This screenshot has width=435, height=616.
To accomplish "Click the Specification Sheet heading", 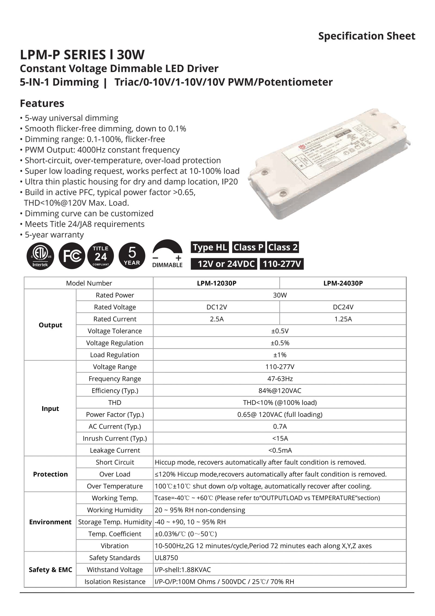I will [x=366, y=36].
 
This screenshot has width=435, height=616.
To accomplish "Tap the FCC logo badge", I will [x=72, y=256].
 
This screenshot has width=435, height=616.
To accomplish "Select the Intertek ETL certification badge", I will [x=40, y=256].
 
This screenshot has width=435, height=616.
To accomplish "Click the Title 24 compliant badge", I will [x=101, y=256].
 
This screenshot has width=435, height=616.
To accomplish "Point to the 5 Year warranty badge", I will [x=132, y=256].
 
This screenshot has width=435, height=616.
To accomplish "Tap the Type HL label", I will [x=210, y=247].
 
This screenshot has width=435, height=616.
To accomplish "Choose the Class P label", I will [x=248, y=247].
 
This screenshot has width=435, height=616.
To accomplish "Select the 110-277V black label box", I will [x=282, y=264].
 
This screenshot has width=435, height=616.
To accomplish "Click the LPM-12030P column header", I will [x=216, y=283].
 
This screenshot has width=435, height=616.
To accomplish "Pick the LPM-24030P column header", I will [x=343, y=283].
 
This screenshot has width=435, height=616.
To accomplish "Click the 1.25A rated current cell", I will [x=343, y=319].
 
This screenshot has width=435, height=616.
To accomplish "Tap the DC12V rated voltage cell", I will [x=216, y=307].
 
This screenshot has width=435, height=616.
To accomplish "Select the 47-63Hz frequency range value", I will [x=280, y=379].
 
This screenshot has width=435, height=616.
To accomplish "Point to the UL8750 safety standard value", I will [x=166, y=558].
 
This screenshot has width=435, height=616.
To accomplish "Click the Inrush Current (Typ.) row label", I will [x=115, y=438].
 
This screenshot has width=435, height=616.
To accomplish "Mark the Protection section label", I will [x=50, y=474].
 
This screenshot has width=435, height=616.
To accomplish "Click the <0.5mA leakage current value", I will [x=280, y=450].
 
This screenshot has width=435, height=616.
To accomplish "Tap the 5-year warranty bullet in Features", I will [x=54, y=235].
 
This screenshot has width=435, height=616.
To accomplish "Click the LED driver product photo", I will [x=329, y=163].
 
